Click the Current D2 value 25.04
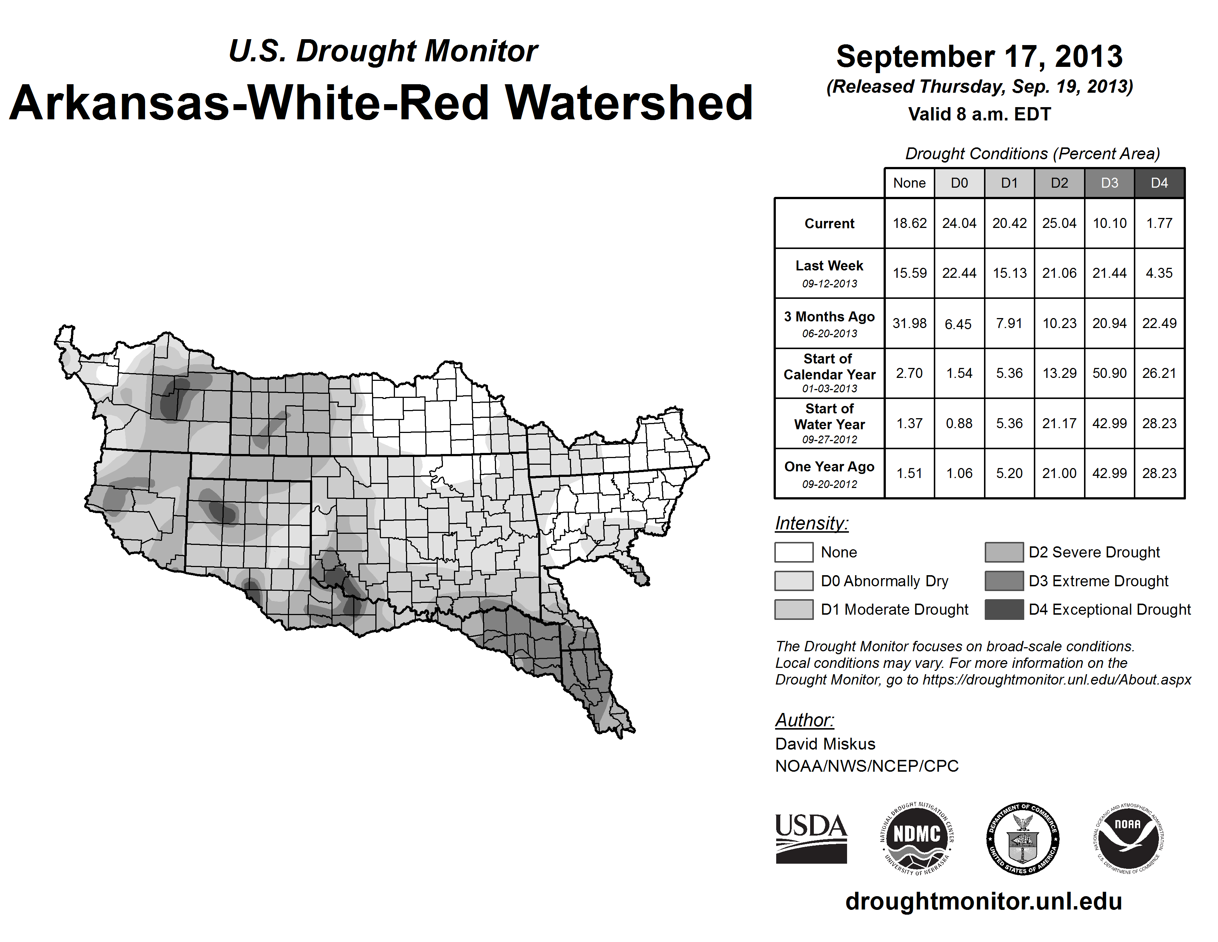click(x=1059, y=223)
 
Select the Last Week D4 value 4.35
click(x=1159, y=273)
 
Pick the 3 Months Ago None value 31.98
click(x=909, y=323)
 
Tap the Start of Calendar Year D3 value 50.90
click(x=1109, y=373)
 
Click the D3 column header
click(x=1109, y=183)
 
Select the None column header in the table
click(x=909, y=183)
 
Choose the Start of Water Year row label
click(x=829, y=417)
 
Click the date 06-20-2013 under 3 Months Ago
click(x=829, y=334)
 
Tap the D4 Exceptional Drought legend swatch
click(x=1004, y=610)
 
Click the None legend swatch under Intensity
click(x=794, y=552)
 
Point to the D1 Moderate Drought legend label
click(x=895, y=610)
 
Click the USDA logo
click(x=811, y=838)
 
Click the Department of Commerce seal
click(x=1022, y=838)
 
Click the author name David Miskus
click(x=825, y=744)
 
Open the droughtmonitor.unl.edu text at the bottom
click(x=983, y=901)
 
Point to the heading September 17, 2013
click(x=979, y=57)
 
